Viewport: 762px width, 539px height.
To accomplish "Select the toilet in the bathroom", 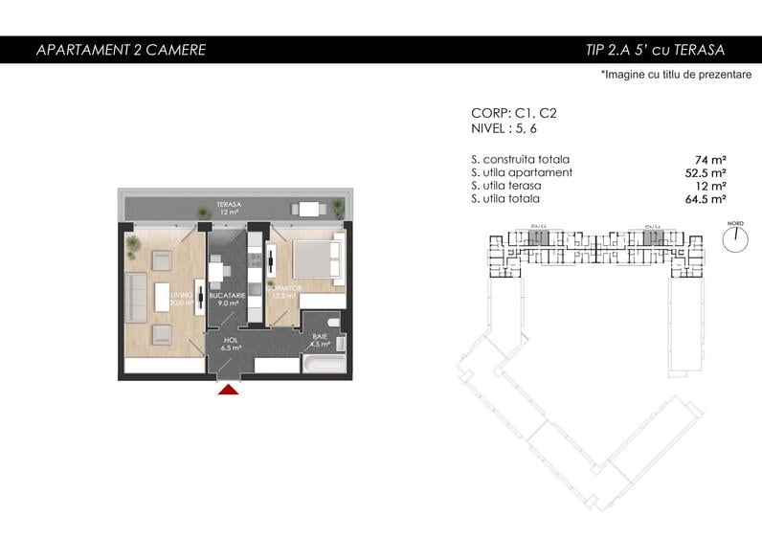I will (x=331, y=321).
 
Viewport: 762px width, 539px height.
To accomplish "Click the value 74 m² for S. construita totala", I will (x=710, y=160).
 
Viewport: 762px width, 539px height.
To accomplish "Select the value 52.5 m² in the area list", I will (x=705, y=173).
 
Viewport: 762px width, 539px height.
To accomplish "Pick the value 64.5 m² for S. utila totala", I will (x=705, y=199).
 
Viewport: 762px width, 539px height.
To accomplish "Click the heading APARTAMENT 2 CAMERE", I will (x=121, y=50).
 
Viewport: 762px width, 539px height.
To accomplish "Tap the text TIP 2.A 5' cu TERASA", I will (x=655, y=50).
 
